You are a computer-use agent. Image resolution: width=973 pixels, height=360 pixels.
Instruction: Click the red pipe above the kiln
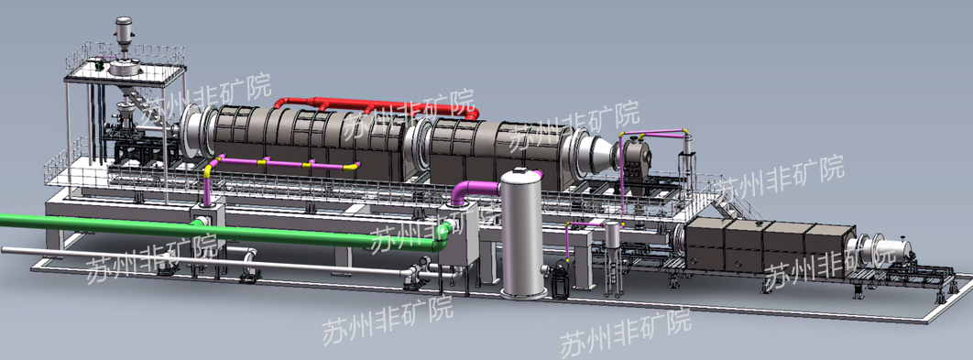click(x=372, y=105)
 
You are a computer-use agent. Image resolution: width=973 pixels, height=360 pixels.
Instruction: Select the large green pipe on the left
click(x=217, y=230)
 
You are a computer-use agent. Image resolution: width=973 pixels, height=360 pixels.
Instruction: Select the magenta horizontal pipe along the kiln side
click(x=286, y=164)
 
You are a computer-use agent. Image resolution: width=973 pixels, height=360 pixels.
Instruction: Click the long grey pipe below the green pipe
click(x=205, y=260)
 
